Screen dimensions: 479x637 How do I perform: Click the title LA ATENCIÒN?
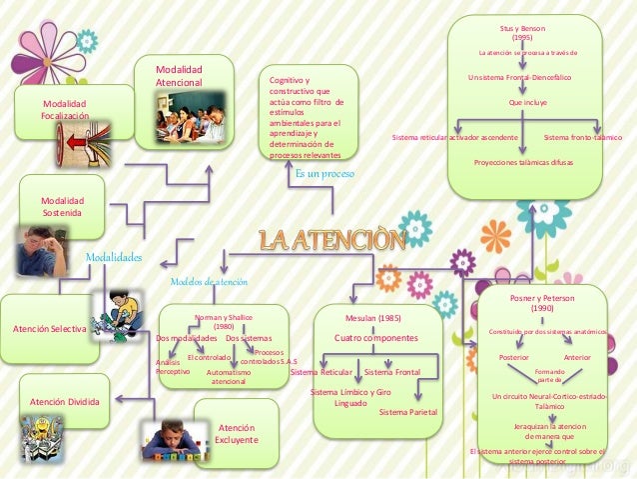pos(333,241)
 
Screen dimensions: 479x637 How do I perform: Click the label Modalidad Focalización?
pos(64,110)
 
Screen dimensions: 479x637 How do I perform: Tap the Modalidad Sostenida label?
pos(62,206)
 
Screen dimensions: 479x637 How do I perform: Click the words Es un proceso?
pos(324,173)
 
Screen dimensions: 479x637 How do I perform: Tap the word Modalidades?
pos(113,257)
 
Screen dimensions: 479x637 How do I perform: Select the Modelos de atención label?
pos(209,281)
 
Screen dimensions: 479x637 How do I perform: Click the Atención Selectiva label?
pos(49,329)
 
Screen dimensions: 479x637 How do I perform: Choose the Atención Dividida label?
pos(64,402)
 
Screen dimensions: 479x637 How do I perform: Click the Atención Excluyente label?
pos(237,434)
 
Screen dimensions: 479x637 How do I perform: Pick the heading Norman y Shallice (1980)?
pos(224,321)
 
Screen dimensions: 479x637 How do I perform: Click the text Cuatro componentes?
pos(376,338)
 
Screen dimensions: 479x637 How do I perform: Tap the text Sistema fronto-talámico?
pos(582,137)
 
